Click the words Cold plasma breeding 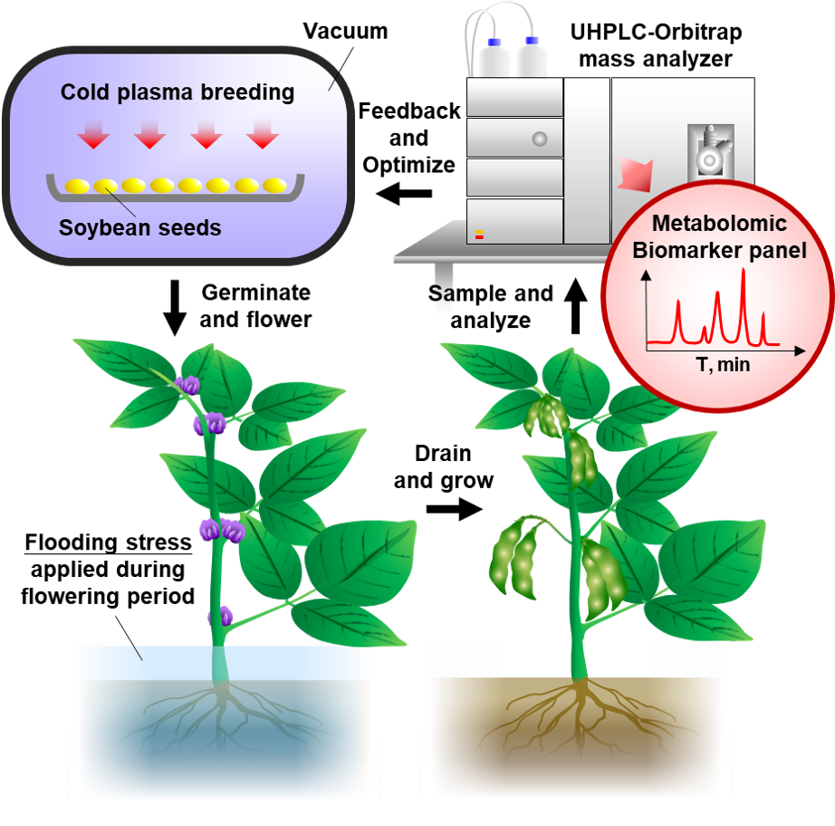click(178, 92)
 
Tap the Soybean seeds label click(140, 227)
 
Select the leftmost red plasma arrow click(93, 136)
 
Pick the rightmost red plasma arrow click(263, 136)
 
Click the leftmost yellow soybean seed click(77, 186)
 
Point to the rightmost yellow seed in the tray click(274, 186)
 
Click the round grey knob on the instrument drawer click(540, 139)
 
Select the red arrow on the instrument click(635, 172)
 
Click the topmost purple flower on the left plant click(188, 386)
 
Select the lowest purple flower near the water click(220, 617)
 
